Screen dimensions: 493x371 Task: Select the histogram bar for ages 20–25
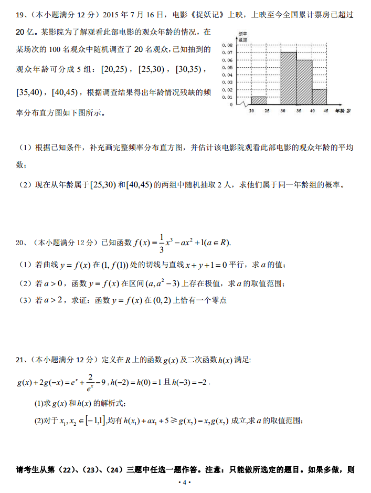259,100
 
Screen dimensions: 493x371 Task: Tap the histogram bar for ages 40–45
319,97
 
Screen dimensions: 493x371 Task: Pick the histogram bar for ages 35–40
304,82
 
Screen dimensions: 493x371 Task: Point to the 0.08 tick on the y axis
228,45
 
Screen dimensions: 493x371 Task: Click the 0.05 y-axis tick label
228,67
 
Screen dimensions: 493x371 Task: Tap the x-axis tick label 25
267,111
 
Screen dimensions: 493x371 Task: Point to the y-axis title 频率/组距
243,36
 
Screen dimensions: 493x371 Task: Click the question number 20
20,243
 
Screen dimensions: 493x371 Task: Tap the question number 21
20,360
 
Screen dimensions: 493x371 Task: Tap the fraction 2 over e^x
91,382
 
